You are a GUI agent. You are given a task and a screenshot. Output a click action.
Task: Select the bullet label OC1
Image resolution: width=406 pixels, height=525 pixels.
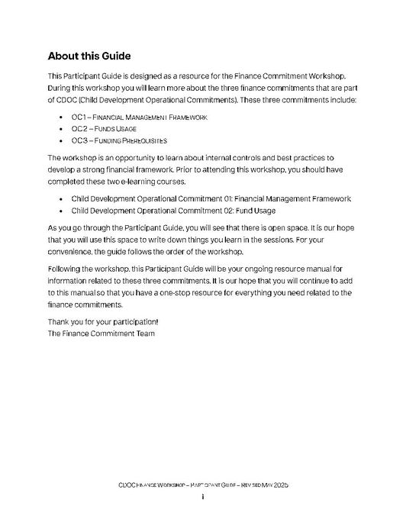79,118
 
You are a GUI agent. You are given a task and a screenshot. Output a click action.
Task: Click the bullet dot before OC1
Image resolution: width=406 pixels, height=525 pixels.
61,118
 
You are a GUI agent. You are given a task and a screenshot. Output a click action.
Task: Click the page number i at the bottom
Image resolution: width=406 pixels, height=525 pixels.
203,497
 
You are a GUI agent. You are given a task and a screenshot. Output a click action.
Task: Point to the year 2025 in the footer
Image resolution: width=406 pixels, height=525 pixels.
279,485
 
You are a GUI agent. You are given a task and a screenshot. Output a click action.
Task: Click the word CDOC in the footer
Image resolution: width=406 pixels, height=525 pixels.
128,485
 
